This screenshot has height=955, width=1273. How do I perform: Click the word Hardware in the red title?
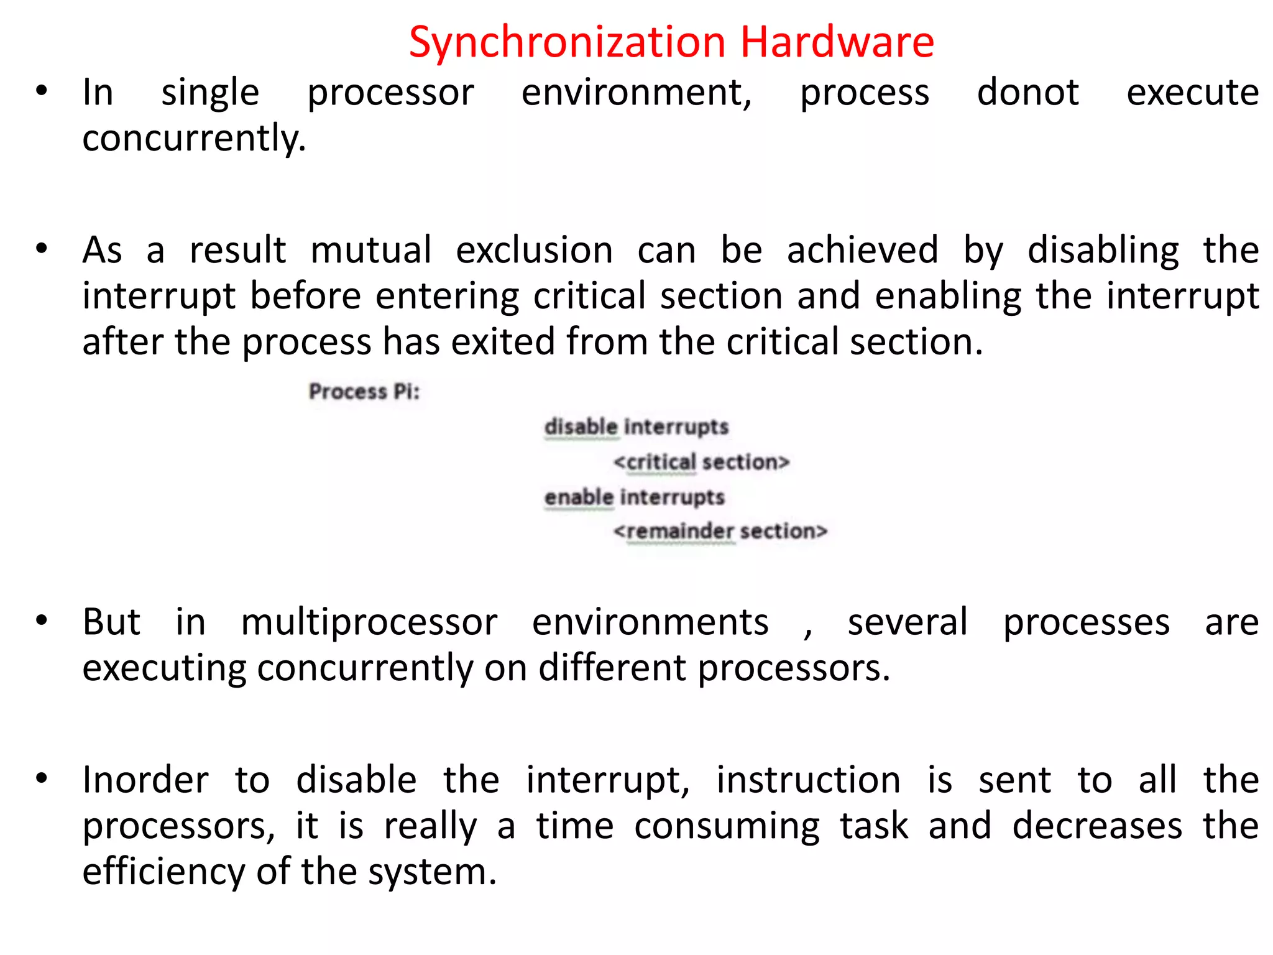(x=837, y=42)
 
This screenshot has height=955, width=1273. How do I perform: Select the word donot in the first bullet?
(x=1027, y=93)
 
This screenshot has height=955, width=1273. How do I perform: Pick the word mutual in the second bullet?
(x=370, y=250)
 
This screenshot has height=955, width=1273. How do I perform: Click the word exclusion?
(x=534, y=250)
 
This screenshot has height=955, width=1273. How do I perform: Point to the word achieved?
(x=862, y=250)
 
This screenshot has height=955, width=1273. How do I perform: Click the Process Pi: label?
(x=364, y=392)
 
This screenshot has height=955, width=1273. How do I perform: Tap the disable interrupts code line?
(x=636, y=427)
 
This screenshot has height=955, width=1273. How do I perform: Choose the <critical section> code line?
(x=701, y=462)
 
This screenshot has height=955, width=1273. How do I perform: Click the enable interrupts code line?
(x=634, y=497)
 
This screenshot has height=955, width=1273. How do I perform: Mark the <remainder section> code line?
(x=720, y=532)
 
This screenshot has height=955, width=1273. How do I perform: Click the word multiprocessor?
(x=369, y=622)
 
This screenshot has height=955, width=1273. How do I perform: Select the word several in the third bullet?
(x=908, y=622)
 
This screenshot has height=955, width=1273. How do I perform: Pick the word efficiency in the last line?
(x=163, y=872)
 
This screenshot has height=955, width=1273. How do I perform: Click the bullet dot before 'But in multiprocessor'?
(x=42, y=621)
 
